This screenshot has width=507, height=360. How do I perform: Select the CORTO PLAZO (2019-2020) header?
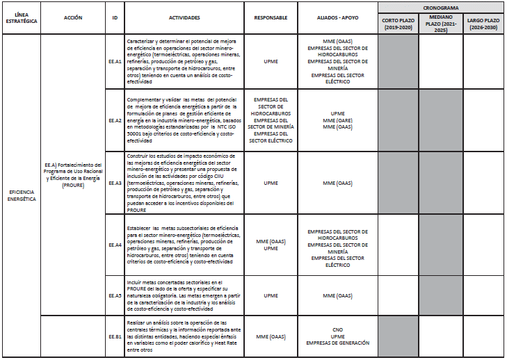[x=399, y=24]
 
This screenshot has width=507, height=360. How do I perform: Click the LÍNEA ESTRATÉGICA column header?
[x=21, y=17]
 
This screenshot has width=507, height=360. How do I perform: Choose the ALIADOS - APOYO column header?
[x=337, y=17]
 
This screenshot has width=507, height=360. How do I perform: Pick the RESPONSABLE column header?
[x=271, y=17]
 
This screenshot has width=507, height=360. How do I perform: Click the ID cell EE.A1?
[x=115, y=62]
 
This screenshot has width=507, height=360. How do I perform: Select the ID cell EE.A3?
[x=115, y=183]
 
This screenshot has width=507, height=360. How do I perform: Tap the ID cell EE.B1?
[x=115, y=336]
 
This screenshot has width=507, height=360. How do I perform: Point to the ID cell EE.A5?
[x=115, y=295]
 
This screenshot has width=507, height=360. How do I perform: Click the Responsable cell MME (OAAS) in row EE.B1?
[x=271, y=336]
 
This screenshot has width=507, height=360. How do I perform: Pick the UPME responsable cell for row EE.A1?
[x=271, y=62]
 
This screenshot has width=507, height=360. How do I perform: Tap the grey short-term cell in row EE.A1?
[x=399, y=62]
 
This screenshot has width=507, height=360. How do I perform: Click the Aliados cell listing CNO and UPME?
[x=337, y=336]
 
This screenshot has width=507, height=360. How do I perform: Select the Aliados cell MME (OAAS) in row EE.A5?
[x=337, y=295]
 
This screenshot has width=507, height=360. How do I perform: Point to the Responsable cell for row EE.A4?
[x=271, y=245]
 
